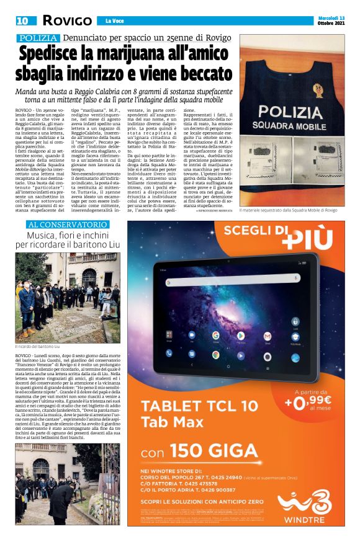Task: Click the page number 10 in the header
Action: (22, 20)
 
